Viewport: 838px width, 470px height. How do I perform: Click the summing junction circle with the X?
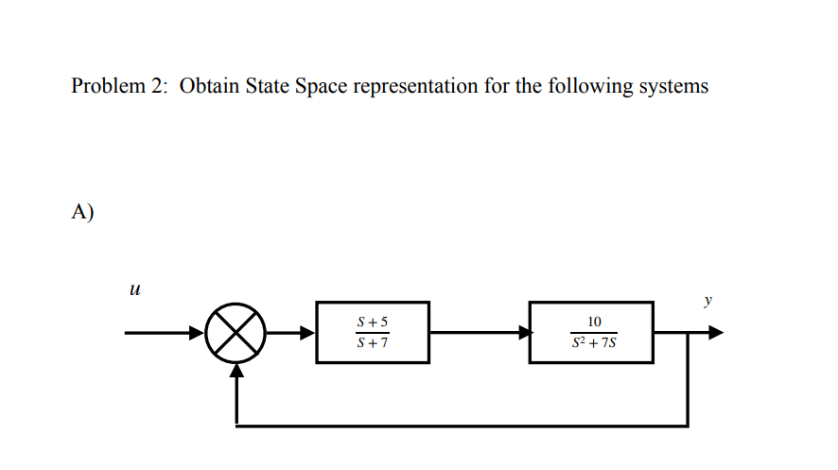click(236, 333)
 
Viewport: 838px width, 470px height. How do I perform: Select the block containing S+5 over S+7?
click(373, 332)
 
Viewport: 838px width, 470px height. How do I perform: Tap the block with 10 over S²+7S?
click(591, 332)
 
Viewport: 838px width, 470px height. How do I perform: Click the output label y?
click(707, 302)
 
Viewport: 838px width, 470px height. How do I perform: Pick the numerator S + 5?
click(373, 322)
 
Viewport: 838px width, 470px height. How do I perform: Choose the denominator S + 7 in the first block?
click(373, 342)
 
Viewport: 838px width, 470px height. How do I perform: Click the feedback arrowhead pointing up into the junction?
click(236, 372)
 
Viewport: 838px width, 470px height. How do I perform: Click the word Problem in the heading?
click(104, 87)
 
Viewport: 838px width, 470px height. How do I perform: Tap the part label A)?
click(82, 212)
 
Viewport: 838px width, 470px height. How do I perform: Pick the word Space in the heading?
click(322, 87)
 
